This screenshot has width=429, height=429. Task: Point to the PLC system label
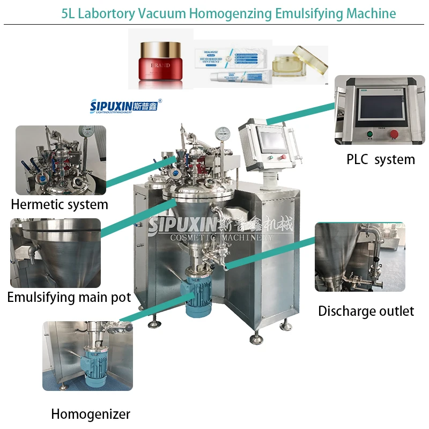click(381, 159)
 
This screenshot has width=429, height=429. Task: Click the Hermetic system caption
click(60, 204)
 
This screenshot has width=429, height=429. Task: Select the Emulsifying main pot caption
click(69, 297)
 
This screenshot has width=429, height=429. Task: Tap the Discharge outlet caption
click(366, 311)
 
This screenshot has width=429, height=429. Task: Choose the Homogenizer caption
click(91, 414)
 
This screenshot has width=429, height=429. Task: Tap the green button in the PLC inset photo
click(369, 134)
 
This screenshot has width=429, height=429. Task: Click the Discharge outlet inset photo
click(360, 257)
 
